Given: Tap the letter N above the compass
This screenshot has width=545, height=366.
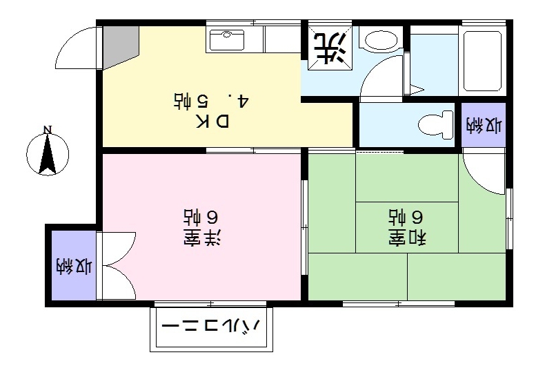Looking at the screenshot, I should (47, 129).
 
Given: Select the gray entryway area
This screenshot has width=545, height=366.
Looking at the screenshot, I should (119, 45).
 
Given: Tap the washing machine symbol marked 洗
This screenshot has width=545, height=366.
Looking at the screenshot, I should (328, 47).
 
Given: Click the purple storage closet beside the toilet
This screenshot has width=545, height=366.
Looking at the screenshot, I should (483, 126).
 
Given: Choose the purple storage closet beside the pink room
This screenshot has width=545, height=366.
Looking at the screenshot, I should (72, 265).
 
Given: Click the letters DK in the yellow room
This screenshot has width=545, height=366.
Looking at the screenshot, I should (213, 122).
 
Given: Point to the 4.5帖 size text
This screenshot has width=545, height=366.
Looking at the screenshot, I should (210, 101).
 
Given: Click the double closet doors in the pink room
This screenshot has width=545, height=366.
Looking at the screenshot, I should (117, 265).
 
